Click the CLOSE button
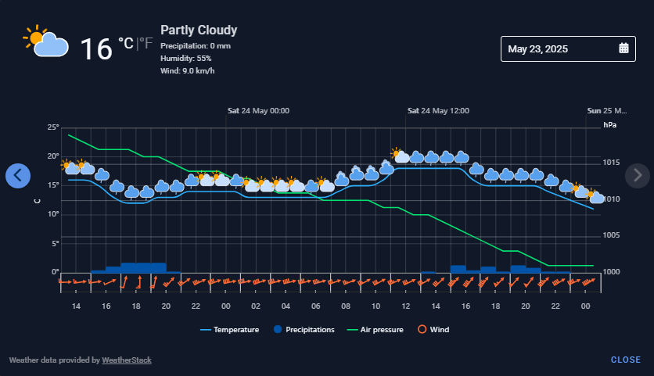tap(626, 360)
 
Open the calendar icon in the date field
tap(623, 48)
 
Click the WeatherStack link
tap(127, 360)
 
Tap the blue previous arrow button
tap(18, 176)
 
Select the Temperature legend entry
tap(229, 330)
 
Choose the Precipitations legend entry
tap(304, 329)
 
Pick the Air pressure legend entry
tap(376, 330)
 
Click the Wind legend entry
tap(433, 329)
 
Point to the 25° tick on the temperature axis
tap(53, 127)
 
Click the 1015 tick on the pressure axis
tap(611, 163)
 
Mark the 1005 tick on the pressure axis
tap(611, 235)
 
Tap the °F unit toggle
tap(146, 43)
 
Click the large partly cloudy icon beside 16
tap(45, 41)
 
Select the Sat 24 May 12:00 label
tap(438, 111)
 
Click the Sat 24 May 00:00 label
tap(259, 111)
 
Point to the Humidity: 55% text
tap(186, 59)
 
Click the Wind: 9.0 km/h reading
tap(188, 71)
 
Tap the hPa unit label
tap(609, 125)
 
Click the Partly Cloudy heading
tap(199, 30)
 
